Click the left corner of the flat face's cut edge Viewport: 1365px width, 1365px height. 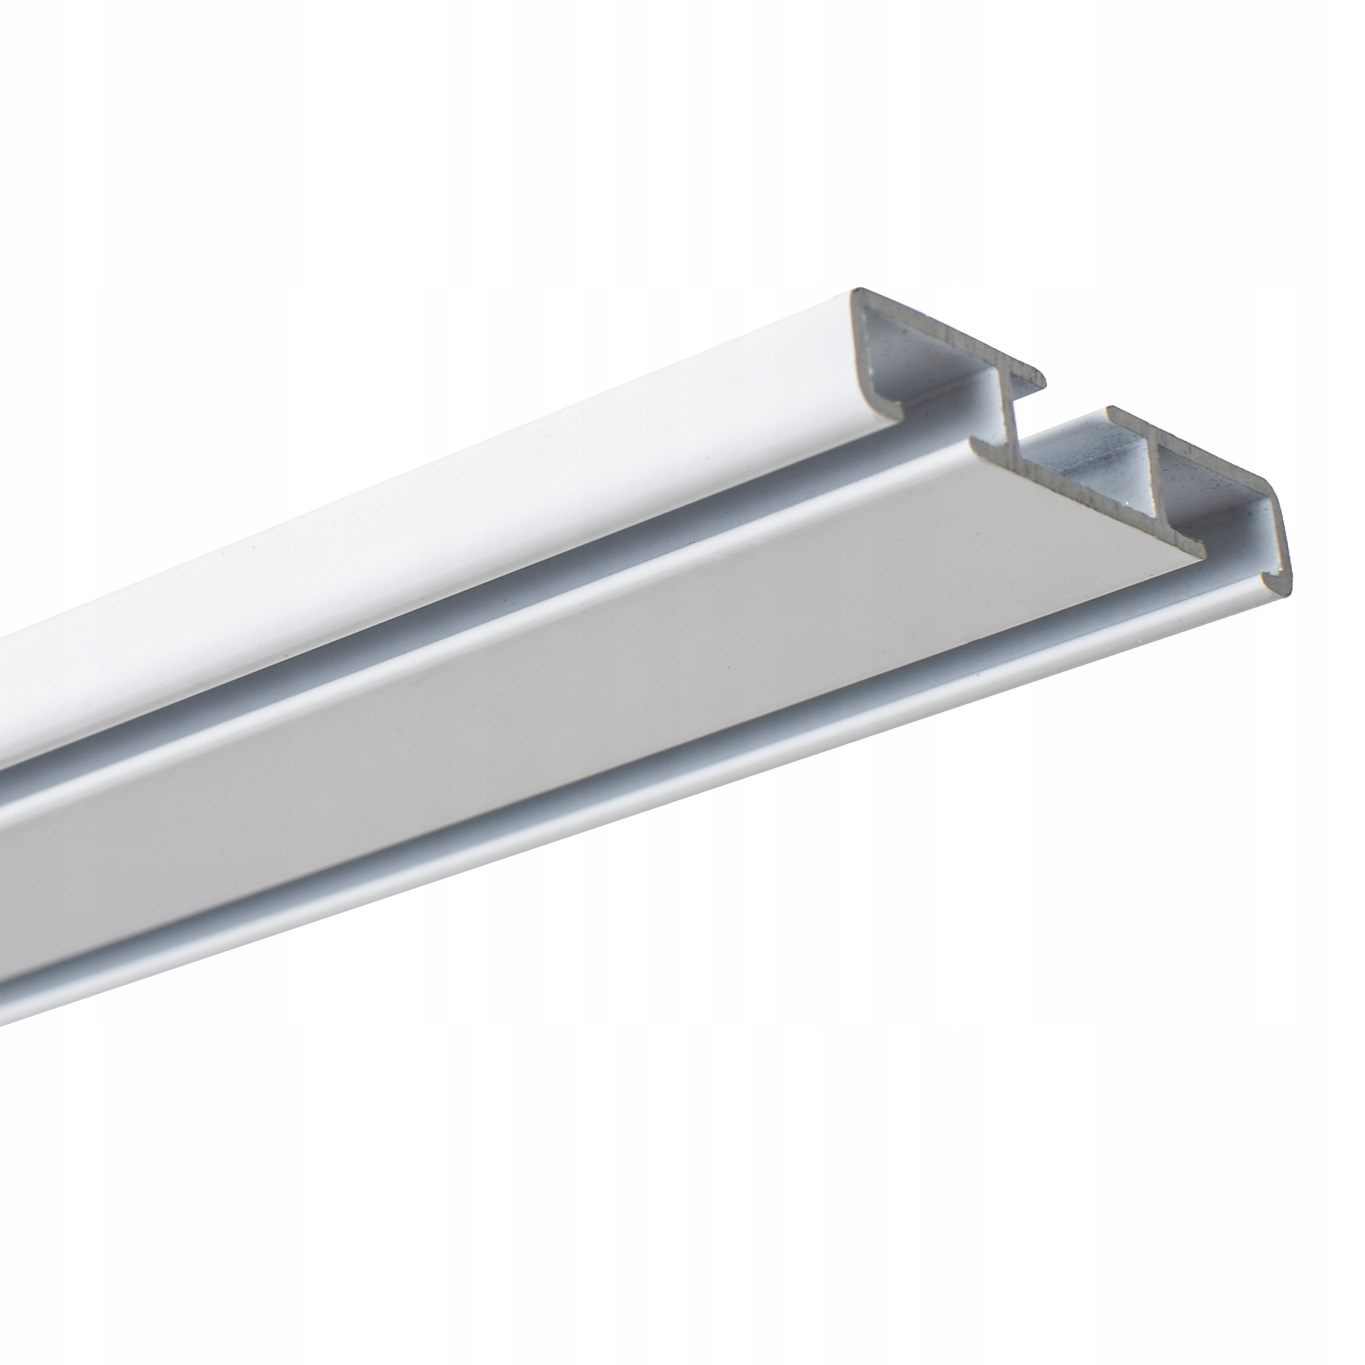[973, 441]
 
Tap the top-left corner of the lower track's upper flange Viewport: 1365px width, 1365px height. [1109, 408]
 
